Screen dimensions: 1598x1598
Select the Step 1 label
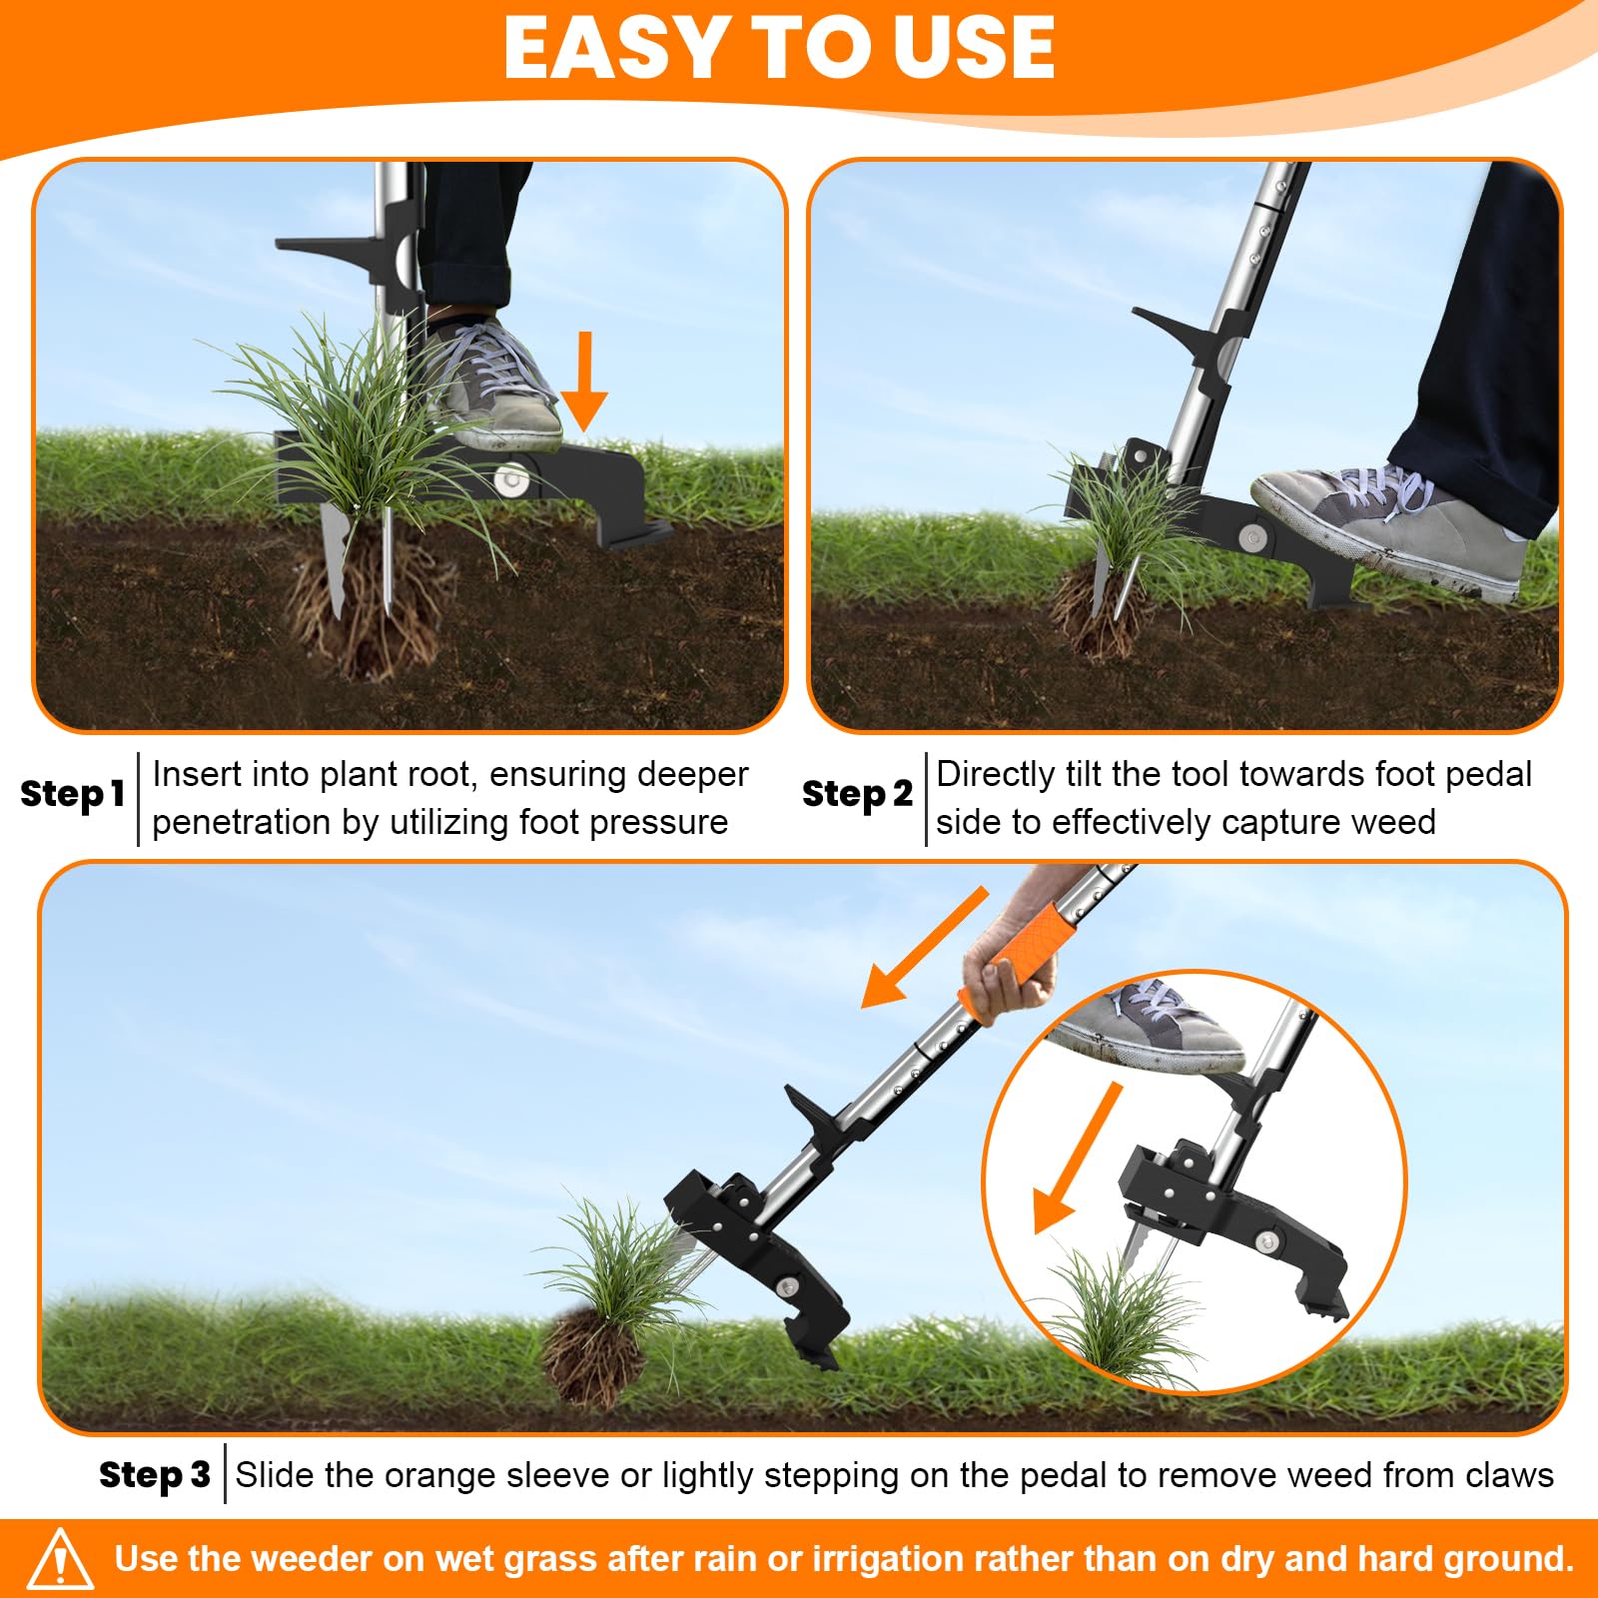[72, 794]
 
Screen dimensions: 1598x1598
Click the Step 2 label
[857, 794]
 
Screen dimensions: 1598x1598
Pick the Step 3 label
[155, 1474]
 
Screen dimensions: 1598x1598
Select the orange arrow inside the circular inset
[1077, 1159]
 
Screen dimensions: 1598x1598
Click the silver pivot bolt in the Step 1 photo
[513, 480]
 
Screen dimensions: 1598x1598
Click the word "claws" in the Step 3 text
[1509, 1475]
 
